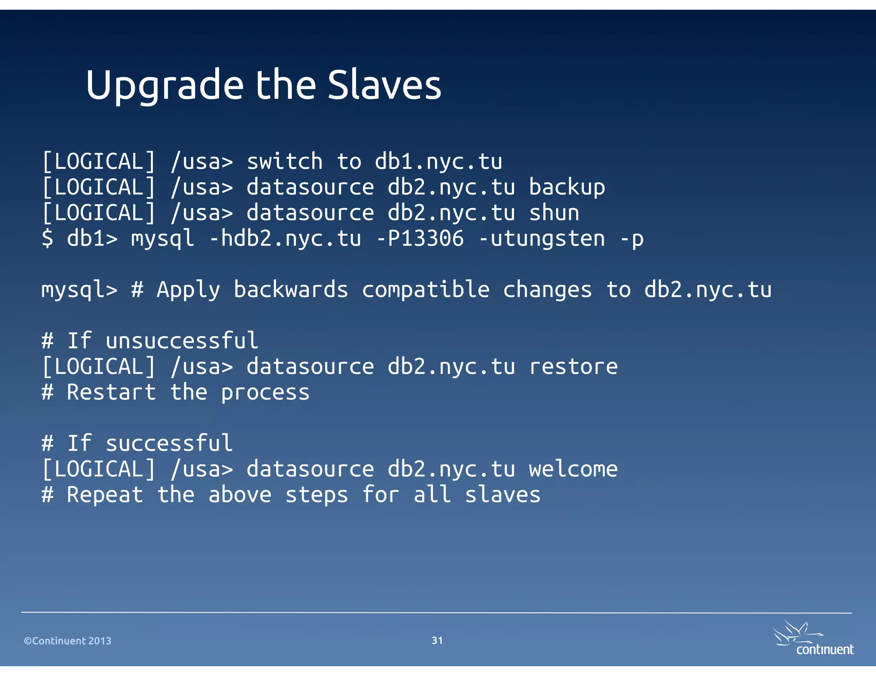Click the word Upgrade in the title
(x=165, y=85)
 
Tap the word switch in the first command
(x=284, y=162)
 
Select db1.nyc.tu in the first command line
(x=438, y=162)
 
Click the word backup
(x=567, y=188)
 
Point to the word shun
(x=554, y=213)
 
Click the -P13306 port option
(x=420, y=238)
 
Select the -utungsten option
(x=542, y=239)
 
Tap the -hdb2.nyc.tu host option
(x=285, y=238)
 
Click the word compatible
(x=426, y=290)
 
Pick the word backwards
(x=291, y=290)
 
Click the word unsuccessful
(x=182, y=341)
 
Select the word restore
(x=573, y=367)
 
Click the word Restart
(x=111, y=392)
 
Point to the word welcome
(x=573, y=469)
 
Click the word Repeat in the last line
(x=105, y=495)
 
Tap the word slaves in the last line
(x=503, y=495)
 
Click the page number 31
(x=437, y=640)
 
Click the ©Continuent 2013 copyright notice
(x=68, y=641)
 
